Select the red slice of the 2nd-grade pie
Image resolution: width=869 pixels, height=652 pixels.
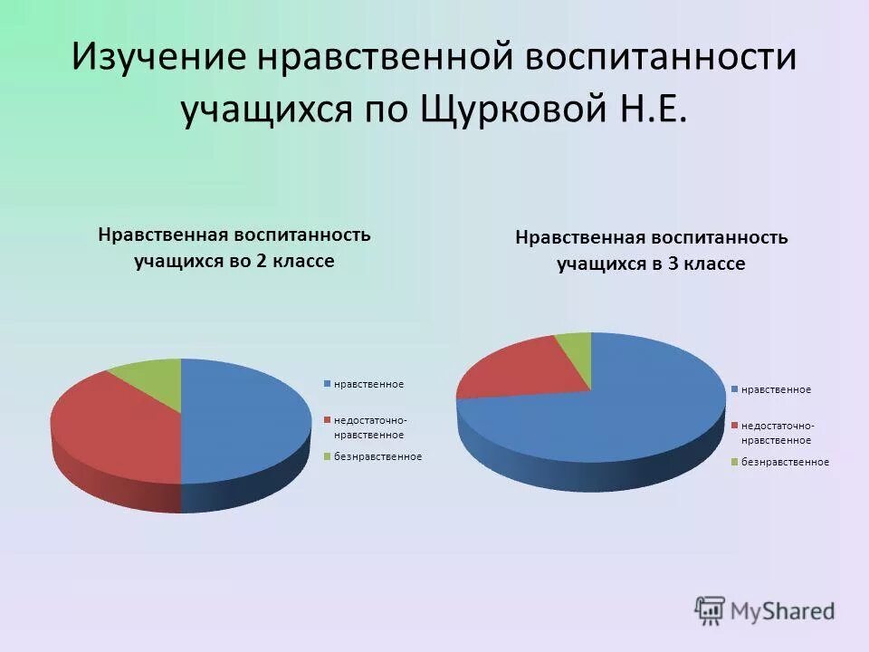(x=113, y=426)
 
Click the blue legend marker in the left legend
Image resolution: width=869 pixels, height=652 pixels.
(x=329, y=384)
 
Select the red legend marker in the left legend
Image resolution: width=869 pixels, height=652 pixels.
(x=329, y=419)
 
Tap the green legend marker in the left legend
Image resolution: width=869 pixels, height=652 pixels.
(x=329, y=455)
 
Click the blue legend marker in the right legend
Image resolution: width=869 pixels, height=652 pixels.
(x=736, y=389)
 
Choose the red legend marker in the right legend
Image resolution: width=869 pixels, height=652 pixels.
(x=736, y=425)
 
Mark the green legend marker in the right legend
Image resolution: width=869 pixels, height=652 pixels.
(x=736, y=462)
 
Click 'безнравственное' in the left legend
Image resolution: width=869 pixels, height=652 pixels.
(x=378, y=455)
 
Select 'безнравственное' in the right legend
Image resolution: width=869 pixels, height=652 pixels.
(x=786, y=462)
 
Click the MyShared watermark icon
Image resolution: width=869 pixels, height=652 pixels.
(x=710, y=610)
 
